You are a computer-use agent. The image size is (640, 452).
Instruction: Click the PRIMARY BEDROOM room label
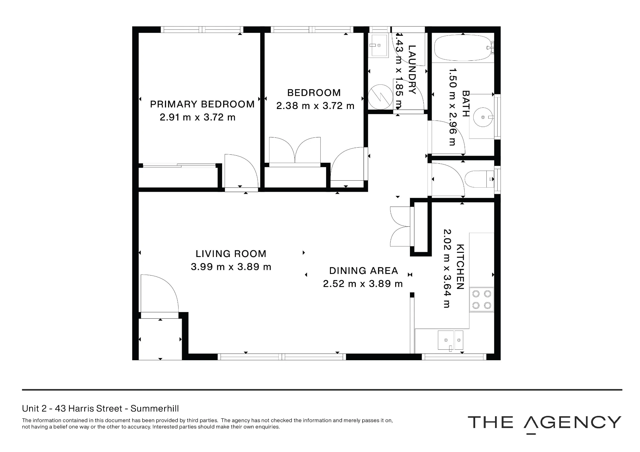(x=202, y=104)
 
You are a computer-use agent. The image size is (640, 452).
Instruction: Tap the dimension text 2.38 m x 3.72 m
(x=315, y=106)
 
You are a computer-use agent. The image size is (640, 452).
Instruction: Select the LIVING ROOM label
(x=231, y=254)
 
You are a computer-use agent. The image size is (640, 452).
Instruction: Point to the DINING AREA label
(x=364, y=271)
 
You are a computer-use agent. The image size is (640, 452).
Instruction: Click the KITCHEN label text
(x=460, y=267)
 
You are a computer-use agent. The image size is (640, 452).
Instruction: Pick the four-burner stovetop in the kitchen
(x=482, y=300)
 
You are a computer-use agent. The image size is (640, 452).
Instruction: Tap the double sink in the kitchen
(x=450, y=340)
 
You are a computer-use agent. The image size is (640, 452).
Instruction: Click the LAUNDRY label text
(x=412, y=70)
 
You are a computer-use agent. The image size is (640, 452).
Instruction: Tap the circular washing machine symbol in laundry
(x=380, y=96)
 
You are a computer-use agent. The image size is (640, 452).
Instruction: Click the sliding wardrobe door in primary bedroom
(x=180, y=165)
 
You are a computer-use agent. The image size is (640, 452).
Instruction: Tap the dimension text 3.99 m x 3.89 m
(x=231, y=267)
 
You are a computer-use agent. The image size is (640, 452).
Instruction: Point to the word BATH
(x=466, y=104)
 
